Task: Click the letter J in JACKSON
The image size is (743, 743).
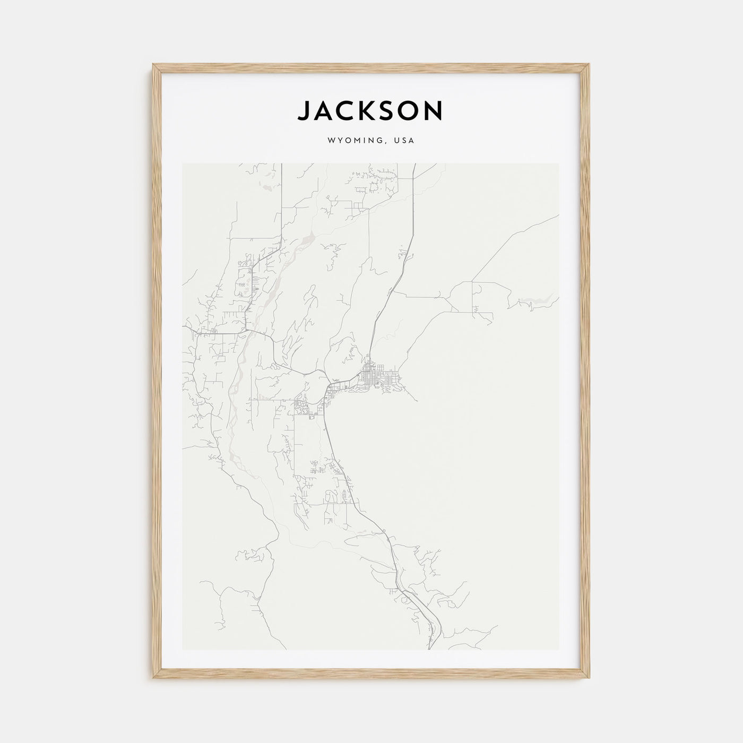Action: pyautogui.click(x=304, y=111)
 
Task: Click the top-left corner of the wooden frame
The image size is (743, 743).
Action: pyautogui.click(x=153, y=65)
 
